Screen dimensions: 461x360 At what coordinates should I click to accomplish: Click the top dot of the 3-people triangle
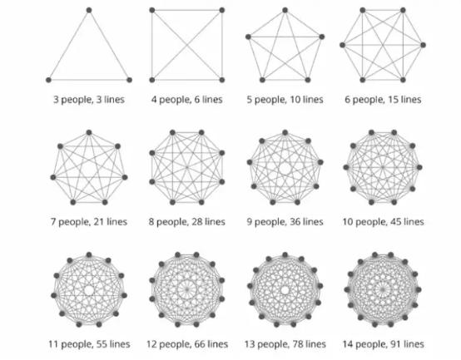89,10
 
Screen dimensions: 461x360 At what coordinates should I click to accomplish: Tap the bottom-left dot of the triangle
49,80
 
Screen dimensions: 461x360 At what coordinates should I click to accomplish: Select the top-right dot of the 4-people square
222,10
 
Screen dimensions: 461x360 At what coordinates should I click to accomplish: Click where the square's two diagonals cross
187,45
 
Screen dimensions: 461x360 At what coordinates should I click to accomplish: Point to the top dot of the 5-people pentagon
285,10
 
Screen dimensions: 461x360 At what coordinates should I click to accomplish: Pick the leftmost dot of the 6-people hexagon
342,45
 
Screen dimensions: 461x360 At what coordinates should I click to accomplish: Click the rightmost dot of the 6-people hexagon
423,45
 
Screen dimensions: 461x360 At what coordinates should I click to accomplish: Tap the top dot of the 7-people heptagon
89,133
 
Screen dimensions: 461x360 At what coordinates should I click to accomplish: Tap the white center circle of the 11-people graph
89,290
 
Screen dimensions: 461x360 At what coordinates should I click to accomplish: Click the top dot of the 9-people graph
285,133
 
